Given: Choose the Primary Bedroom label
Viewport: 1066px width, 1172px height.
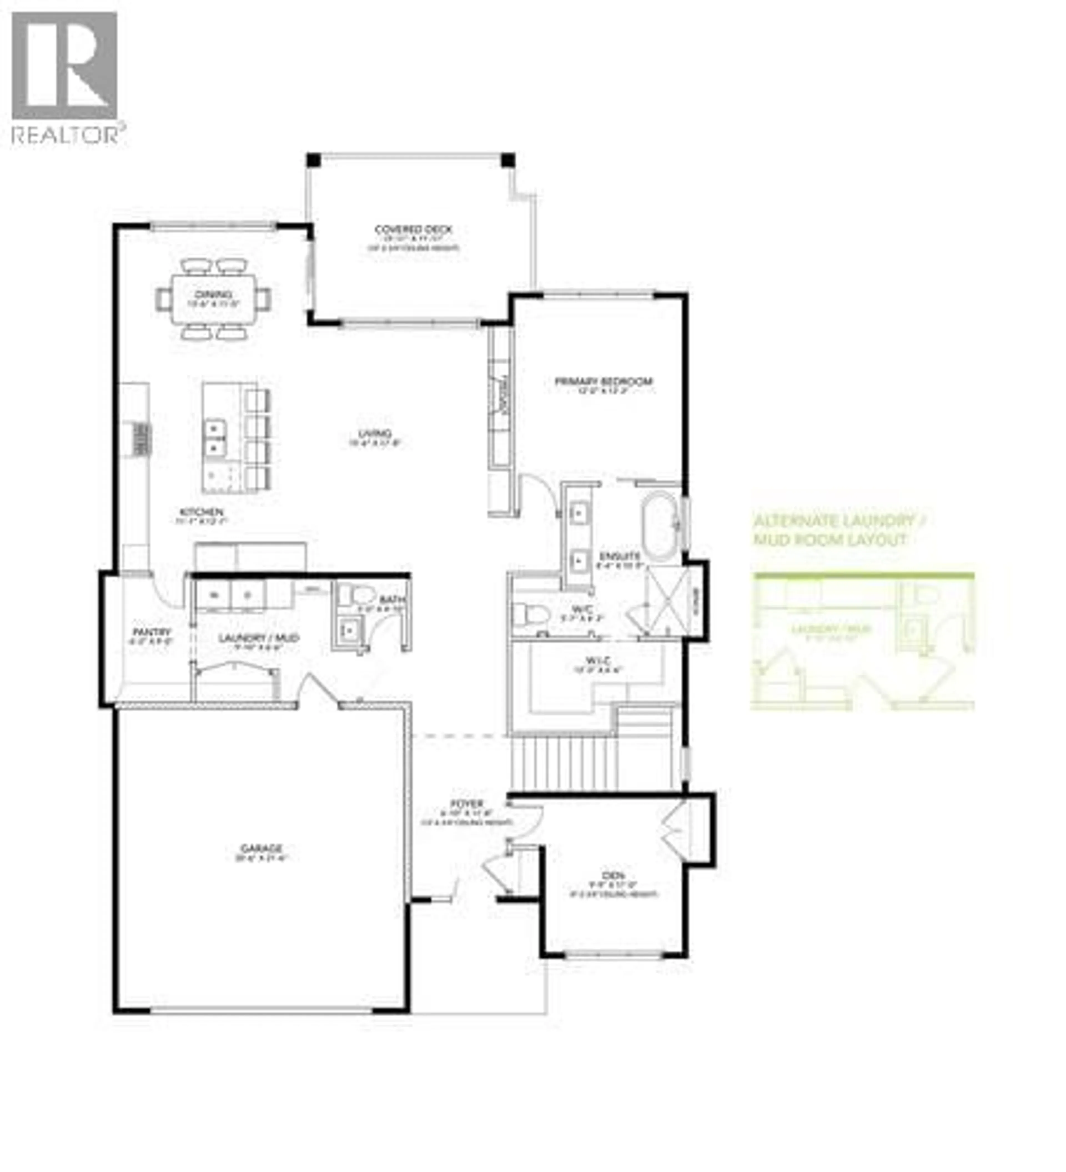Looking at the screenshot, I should pos(603,382).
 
